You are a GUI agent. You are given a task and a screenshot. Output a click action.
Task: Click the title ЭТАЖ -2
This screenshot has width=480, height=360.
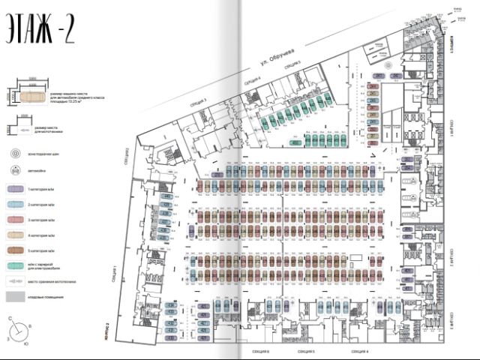tap(39, 31)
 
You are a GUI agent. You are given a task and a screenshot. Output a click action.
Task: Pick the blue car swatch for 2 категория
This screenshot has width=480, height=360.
tap(16, 205)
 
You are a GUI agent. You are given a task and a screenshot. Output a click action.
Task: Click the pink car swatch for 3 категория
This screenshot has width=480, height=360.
tap(16, 219)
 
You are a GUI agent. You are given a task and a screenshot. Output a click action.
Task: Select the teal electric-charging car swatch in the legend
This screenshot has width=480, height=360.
tap(16, 265)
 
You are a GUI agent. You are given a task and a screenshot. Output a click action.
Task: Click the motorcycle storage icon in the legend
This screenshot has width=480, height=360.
tap(16, 282)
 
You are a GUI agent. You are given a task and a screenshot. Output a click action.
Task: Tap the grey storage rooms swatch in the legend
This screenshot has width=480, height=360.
tap(16, 298)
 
